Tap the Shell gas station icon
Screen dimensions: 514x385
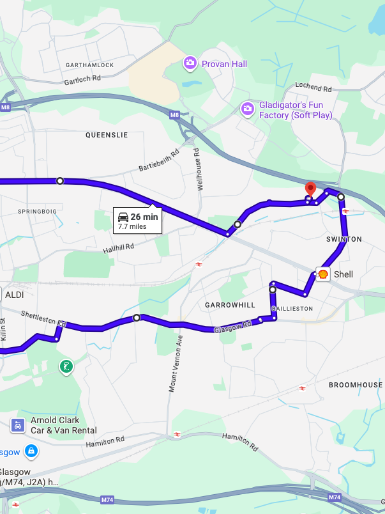coord(323,274)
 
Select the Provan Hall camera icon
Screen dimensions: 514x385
coord(190,63)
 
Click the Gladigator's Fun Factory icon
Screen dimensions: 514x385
coord(247,109)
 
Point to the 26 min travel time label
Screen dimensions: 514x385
coord(144,217)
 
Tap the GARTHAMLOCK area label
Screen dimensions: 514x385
coord(89,66)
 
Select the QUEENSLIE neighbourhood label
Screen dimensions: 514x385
coord(107,135)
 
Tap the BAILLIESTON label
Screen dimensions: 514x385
coord(292,308)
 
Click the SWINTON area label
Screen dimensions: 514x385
coord(344,239)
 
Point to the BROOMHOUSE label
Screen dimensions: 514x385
coord(354,385)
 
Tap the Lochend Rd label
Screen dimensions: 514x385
coord(313,87)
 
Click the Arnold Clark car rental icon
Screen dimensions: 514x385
coord(18,424)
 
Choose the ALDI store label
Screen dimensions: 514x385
coord(14,295)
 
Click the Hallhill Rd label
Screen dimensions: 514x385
coord(118,247)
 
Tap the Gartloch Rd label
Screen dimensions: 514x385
coord(82,80)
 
